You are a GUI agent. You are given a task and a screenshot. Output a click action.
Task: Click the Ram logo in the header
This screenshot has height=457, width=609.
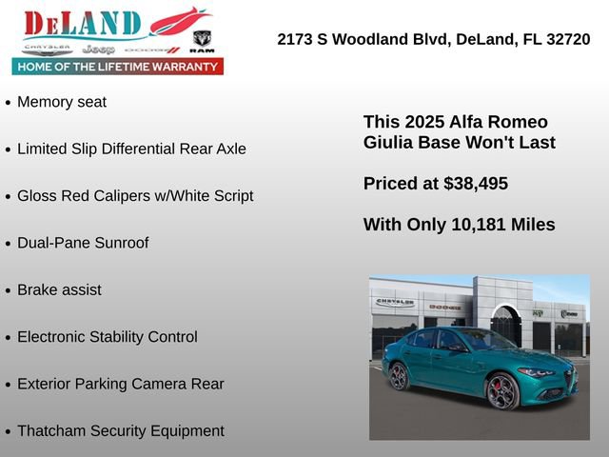pos(202,41)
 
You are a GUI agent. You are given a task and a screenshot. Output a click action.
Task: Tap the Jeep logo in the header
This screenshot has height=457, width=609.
pos(97,49)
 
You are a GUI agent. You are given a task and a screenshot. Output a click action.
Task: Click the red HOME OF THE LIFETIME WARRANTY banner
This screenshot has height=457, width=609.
pos(118,67)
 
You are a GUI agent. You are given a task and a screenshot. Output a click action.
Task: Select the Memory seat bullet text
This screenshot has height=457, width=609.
pos(62,102)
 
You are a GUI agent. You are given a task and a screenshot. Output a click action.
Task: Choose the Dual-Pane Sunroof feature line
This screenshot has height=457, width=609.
pos(83,243)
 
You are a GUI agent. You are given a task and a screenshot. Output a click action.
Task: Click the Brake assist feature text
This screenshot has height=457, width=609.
pos(59,289)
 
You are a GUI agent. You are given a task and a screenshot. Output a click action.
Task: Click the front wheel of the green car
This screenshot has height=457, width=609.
pos(502,390)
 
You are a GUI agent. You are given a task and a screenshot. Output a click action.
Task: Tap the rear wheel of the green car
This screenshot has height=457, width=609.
pos(399,376)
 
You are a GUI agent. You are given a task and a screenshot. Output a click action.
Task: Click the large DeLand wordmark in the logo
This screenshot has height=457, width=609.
pos(83,24)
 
